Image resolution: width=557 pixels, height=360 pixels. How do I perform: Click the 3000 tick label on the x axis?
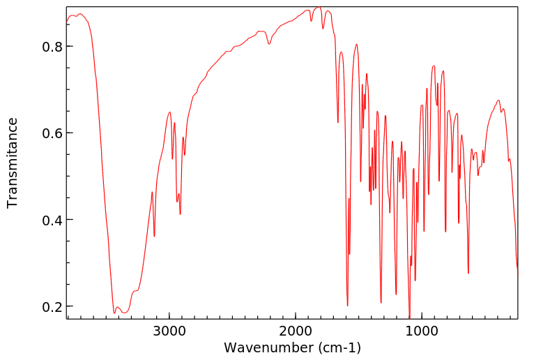(x=169, y=331)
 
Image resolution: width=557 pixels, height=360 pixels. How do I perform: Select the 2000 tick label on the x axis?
(x=296, y=331)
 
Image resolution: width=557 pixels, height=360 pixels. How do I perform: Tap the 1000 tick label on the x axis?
(x=421, y=331)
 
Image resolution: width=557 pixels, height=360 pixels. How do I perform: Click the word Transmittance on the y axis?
(x=13, y=163)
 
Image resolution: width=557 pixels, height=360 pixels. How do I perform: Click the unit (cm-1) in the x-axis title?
(x=339, y=347)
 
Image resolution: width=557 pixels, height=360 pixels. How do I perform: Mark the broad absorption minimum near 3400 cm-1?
(x=115, y=313)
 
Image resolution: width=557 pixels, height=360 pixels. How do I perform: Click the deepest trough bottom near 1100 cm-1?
(x=409, y=317)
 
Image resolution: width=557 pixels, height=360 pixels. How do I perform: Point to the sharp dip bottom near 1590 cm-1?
(x=347, y=306)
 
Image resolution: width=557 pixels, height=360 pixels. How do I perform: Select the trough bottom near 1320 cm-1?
(x=381, y=302)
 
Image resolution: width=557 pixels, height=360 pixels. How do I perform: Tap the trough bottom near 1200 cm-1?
(x=396, y=294)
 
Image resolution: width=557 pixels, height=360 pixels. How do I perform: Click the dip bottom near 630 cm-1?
(x=468, y=273)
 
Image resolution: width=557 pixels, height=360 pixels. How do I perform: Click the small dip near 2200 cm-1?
(x=269, y=44)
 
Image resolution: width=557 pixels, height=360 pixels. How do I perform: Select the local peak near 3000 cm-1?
(x=169, y=112)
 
